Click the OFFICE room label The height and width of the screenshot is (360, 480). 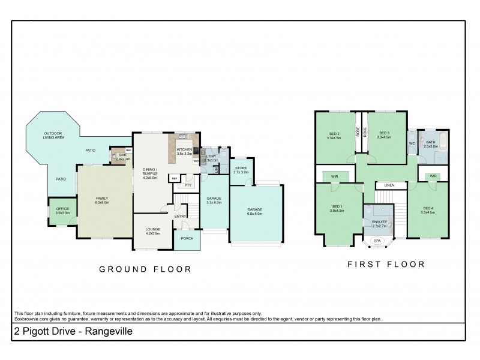[63, 208]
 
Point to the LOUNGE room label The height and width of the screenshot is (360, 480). [153, 229]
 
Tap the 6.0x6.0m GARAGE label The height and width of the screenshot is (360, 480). [255, 209]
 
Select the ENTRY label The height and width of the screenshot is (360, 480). [180, 216]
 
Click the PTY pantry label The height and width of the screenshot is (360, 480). [188, 185]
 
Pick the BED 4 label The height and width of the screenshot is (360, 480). [427, 208]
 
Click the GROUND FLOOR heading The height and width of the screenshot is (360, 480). [145, 269]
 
